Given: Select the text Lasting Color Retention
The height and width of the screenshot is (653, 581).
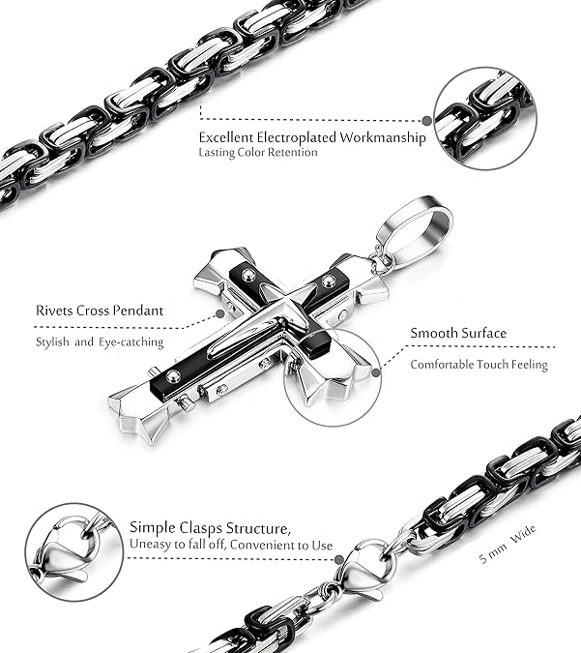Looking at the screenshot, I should point(257,153).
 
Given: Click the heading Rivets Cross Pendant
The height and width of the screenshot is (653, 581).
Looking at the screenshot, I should point(100,311).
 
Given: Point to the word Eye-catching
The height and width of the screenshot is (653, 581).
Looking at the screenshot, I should point(132,341).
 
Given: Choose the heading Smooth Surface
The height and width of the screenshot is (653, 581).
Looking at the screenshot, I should point(458,333).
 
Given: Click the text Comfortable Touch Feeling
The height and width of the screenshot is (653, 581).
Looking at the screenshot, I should point(479,365).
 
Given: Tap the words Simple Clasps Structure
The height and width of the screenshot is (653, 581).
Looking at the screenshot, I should point(210,528).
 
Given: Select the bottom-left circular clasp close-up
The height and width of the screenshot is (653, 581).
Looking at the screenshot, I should point(73,551).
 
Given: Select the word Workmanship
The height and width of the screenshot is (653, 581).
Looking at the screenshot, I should point(391,137).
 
